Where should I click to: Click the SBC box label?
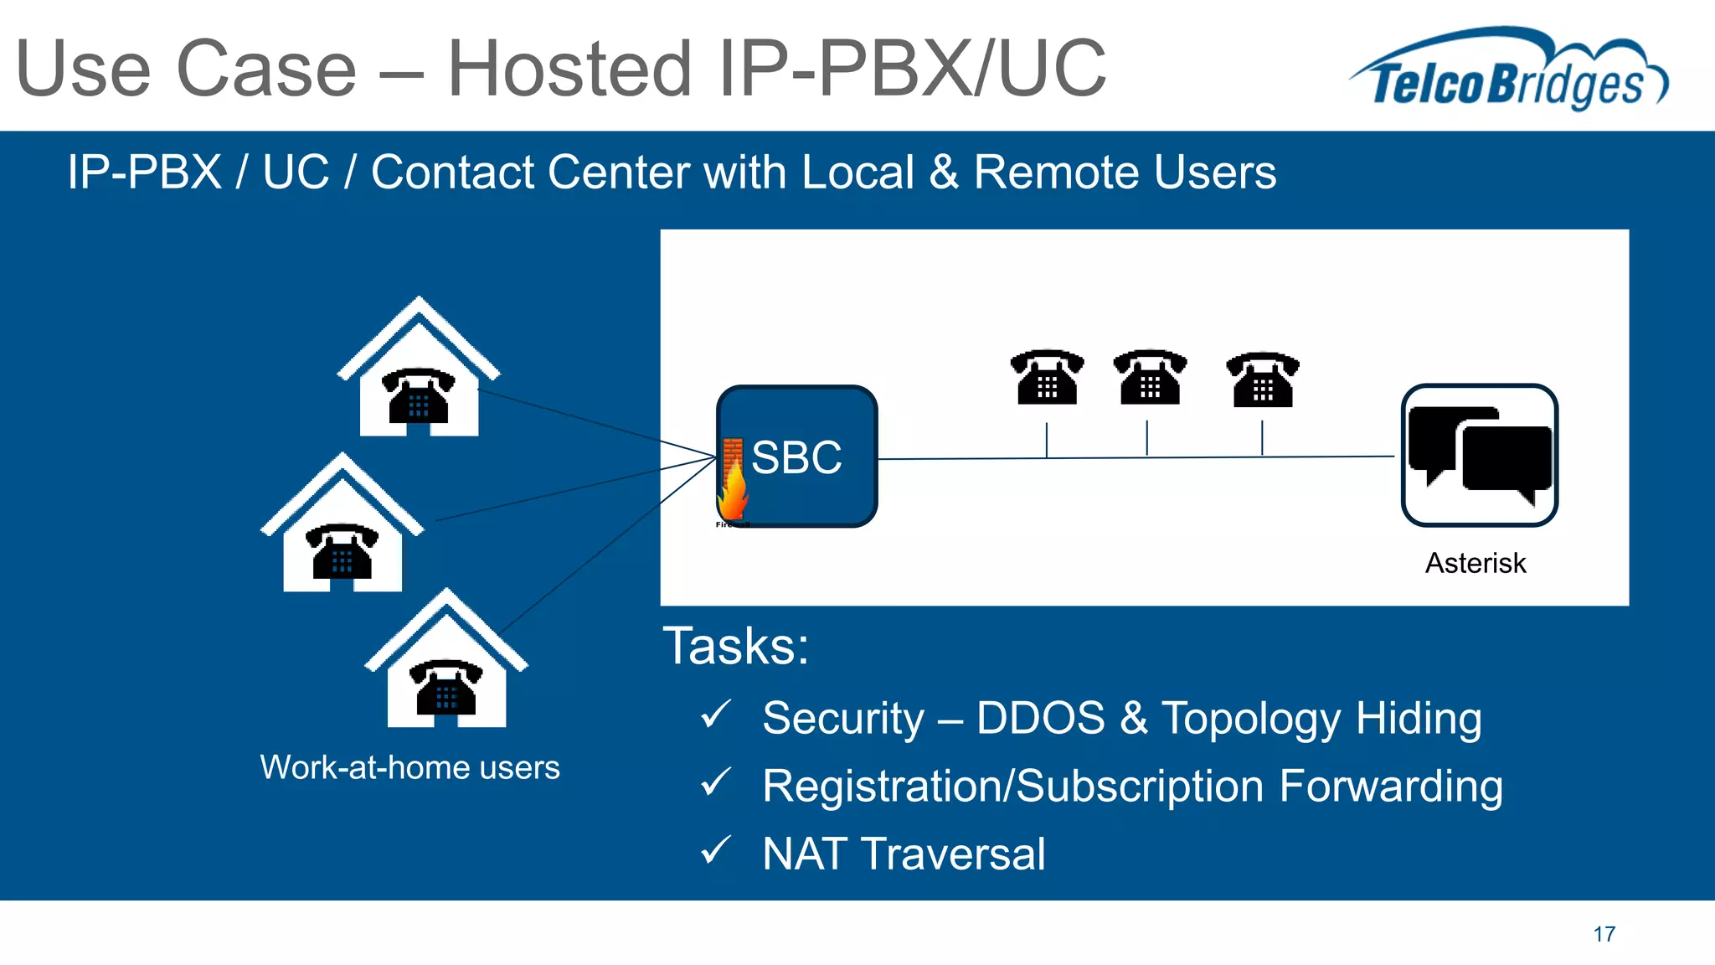[796, 457]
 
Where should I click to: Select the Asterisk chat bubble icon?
[1479, 455]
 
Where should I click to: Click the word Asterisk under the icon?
[1476, 563]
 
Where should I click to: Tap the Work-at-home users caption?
[409, 767]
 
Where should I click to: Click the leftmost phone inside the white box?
[1047, 378]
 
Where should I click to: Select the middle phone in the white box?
[1150, 378]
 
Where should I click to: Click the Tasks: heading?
[736, 646]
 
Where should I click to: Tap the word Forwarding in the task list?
[1391, 787]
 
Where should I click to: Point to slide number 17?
[1604, 934]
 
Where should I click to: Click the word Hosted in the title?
[570, 69]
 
